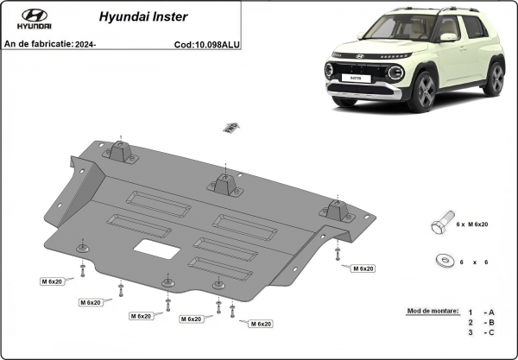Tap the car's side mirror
449,37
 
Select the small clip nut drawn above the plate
230,128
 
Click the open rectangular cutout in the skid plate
156,249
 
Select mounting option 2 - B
481,321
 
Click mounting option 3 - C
481,332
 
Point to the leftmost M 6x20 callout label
54,281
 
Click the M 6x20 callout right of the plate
363,268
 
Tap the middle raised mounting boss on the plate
223,184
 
